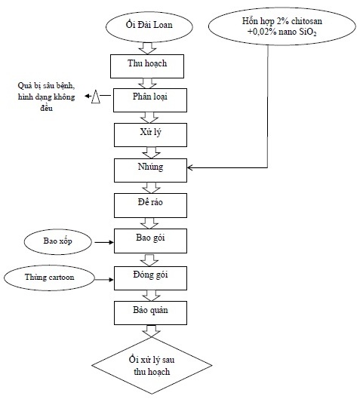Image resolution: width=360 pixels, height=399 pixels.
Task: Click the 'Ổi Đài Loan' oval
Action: [x=149, y=26]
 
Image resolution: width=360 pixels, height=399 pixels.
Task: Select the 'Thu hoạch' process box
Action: [x=147, y=66]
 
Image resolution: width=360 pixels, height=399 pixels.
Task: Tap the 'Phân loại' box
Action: [x=150, y=100]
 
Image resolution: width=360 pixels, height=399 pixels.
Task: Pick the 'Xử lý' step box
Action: [x=150, y=135]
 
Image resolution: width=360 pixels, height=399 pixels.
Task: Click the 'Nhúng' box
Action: [x=150, y=170]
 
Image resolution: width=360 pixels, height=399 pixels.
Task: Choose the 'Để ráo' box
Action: [x=150, y=205]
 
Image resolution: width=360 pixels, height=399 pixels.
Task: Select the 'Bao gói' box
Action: [x=150, y=241]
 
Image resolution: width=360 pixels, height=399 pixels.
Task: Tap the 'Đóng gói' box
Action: [x=150, y=278]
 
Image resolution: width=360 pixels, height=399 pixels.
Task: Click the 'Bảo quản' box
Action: [x=150, y=313]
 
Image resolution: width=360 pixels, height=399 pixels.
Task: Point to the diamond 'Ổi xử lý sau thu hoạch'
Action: [x=152, y=365]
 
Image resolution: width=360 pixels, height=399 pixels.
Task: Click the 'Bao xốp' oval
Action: [x=58, y=241]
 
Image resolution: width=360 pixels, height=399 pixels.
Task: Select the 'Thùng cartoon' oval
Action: [x=49, y=278]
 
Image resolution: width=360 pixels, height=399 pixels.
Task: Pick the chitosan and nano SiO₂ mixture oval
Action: [x=282, y=26]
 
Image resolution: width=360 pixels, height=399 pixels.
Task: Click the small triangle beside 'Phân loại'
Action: [x=96, y=97]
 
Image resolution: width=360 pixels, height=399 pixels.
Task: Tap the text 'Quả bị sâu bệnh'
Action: [x=46, y=86]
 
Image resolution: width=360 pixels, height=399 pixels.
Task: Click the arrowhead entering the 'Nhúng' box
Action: [x=189, y=167]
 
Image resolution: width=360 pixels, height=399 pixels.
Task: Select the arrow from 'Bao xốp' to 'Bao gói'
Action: [x=104, y=242]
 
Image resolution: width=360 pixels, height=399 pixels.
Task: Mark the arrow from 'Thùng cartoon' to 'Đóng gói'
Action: [x=104, y=280]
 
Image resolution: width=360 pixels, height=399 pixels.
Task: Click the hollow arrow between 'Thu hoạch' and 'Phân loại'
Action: [x=148, y=83]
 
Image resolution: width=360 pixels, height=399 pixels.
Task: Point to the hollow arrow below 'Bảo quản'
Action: [x=151, y=331]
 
